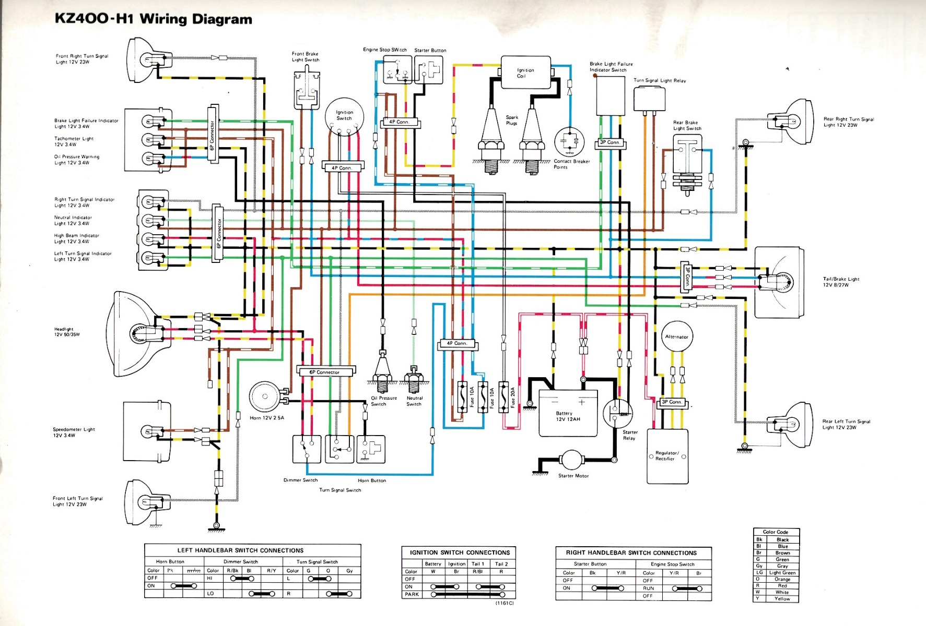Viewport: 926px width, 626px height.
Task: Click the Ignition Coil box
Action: coord(525,73)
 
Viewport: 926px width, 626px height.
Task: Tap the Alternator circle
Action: coord(677,336)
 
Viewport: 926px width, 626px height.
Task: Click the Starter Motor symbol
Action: coord(573,461)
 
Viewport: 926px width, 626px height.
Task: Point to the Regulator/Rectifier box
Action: coord(667,456)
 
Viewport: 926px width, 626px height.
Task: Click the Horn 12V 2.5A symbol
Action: coord(265,398)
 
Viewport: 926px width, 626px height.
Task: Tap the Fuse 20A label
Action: coord(513,398)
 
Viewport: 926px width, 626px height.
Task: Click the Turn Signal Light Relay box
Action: coord(649,99)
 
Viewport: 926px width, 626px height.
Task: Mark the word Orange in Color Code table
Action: coord(782,579)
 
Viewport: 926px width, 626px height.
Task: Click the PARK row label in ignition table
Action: coord(412,594)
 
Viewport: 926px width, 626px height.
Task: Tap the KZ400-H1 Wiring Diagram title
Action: coord(154,19)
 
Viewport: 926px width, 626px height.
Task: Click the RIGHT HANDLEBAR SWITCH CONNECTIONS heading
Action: coord(631,552)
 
